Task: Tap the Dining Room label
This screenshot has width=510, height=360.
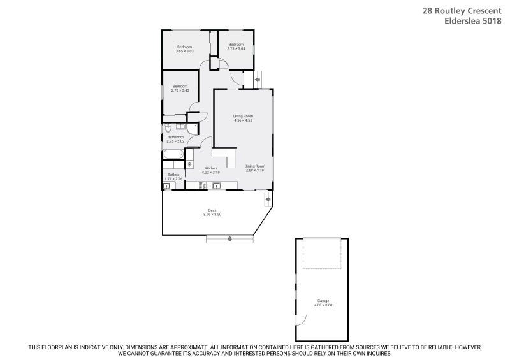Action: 254,166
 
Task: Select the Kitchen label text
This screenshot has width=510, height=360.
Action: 210,168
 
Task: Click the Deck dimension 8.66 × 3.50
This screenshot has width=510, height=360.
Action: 212,215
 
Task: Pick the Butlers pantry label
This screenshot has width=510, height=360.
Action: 173,175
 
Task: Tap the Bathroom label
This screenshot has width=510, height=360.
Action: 175,137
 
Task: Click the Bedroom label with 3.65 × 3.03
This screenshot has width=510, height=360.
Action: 185,47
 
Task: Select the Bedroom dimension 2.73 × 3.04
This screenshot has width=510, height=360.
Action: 237,48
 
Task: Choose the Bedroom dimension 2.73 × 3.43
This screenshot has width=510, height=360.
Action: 180,90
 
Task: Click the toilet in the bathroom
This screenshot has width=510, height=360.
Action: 166,127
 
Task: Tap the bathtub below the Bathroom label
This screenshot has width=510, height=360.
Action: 173,155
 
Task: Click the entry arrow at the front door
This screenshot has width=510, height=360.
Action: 258,80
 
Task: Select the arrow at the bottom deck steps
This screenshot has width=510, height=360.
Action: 228,238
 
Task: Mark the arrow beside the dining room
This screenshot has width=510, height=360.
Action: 268,201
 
